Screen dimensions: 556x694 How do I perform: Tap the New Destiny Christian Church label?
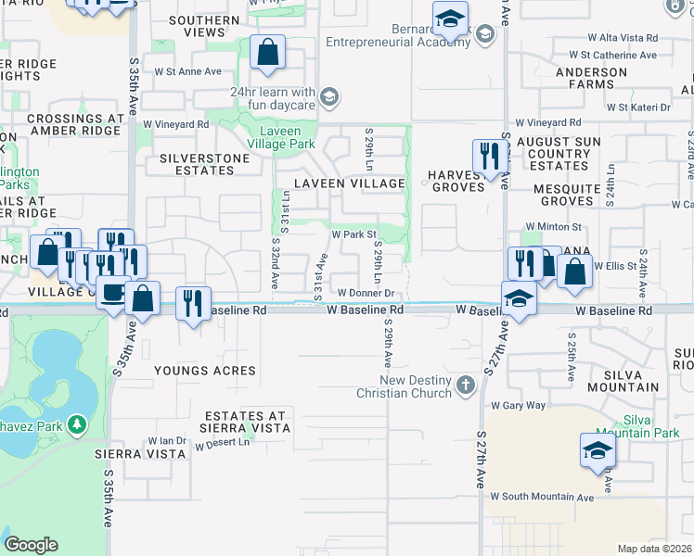point(408,387)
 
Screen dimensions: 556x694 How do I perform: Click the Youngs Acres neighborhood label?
point(206,371)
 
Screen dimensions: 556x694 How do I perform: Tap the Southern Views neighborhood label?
point(205,26)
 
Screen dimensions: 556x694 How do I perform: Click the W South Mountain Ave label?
point(542,497)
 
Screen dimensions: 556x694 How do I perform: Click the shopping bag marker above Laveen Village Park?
point(267,54)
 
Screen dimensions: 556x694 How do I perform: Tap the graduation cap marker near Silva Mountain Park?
point(598,451)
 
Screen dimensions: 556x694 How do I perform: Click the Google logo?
point(31,545)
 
